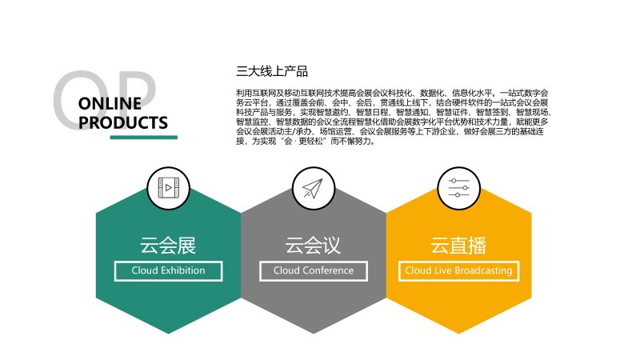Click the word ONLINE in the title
[110, 104]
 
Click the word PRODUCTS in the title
[123, 122]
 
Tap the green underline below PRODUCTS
[144, 137]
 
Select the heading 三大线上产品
[272, 71]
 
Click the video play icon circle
[168, 188]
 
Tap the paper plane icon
[313, 188]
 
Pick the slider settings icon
[458, 188]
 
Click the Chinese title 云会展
[168, 246]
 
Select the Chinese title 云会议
[313, 246]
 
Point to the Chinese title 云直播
[458, 246]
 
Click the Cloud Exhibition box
[168, 271]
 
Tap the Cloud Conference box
[314, 271]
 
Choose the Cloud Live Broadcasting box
[458, 271]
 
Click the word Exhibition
[183, 270]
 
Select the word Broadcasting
[483, 271]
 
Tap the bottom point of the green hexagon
[168, 334]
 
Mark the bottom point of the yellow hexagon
[458, 334]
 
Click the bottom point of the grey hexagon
[314, 334]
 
